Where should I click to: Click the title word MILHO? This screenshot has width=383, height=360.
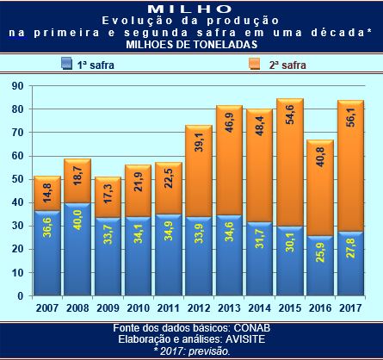(x=190, y=8)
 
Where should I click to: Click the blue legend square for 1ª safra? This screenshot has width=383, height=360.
(x=66, y=64)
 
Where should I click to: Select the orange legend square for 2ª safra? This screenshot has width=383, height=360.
(x=256, y=64)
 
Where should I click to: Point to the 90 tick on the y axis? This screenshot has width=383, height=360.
(x=16, y=86)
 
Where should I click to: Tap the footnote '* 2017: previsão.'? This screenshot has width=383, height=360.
(x=192, y=351)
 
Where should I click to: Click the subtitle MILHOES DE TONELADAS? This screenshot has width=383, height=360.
(x=190, y=43)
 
